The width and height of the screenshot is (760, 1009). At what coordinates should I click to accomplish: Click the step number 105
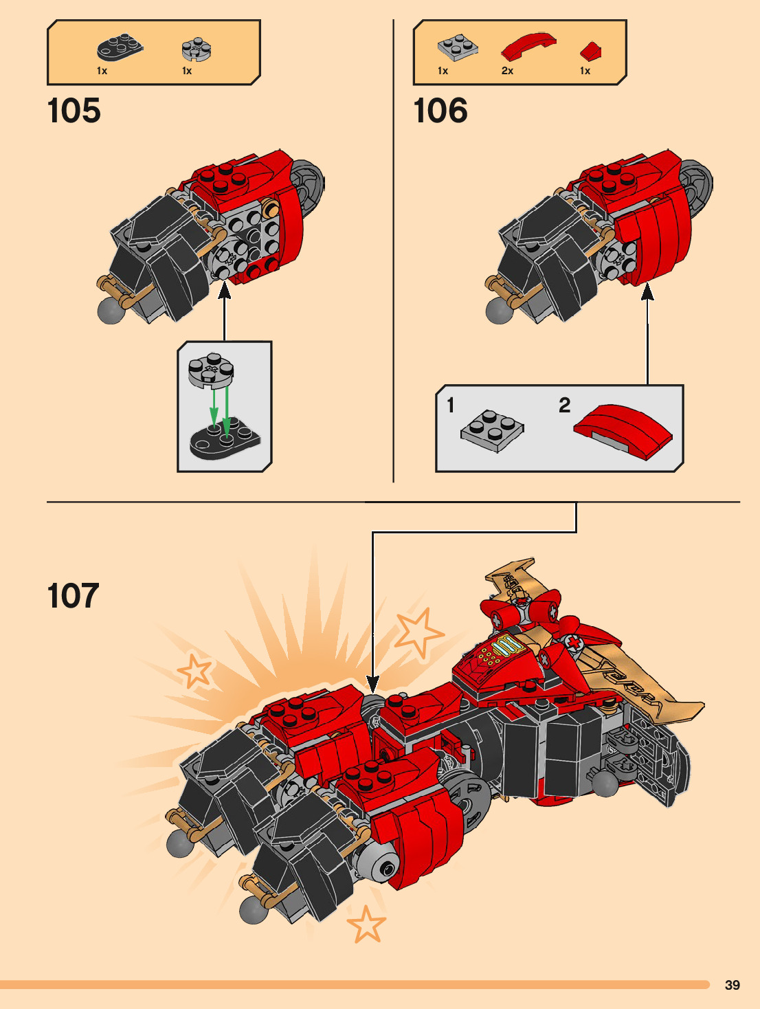(x=74, y=111)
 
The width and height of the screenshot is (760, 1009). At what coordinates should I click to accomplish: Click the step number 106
(x=440, y=111)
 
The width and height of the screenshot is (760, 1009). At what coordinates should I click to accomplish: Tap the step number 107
(x=74, y=595)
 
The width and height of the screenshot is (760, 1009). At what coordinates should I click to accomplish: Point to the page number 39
(x=733, y=985)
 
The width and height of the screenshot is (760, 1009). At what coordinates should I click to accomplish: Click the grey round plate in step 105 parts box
(x=197, y=49)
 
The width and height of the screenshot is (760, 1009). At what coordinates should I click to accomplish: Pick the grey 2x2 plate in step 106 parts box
(x=458, y=47)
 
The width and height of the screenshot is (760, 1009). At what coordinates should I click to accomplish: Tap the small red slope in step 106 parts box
(x=590, y=51)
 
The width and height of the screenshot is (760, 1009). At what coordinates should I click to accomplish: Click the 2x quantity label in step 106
(x=507, y=71)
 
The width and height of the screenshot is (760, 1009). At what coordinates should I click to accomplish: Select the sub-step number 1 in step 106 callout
(x=451, y=405)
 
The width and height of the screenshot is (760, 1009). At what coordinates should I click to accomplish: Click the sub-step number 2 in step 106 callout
(x=564, y=405)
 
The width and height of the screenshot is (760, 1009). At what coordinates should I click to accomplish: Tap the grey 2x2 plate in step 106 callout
(x=492, y=430)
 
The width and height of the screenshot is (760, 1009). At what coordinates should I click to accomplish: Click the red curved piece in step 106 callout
(x=623, y=430)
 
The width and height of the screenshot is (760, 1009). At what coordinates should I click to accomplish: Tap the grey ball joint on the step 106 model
(x=498, y=311)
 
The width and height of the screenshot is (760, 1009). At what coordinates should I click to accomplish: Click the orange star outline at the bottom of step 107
(x=366, y=924)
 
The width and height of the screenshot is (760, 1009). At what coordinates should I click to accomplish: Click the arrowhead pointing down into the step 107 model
(x=372, y=684)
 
